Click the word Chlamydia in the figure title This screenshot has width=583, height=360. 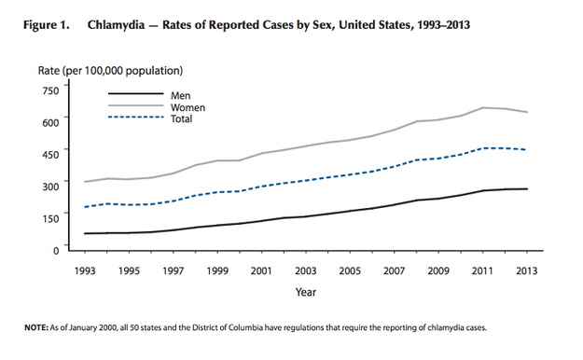coord(116,25)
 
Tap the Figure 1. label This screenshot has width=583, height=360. coord(47,25)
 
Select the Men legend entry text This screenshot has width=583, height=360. coord(181,95)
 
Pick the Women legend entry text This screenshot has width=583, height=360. coord(187,107)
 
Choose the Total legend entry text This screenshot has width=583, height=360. coord(182,118)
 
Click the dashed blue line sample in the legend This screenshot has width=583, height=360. coord(135,118)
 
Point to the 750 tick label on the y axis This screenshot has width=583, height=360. coord(51,90)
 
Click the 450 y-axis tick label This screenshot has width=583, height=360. coord(51,154)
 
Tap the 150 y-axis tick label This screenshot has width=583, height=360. coord(51,218)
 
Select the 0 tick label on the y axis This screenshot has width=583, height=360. coord(56,250)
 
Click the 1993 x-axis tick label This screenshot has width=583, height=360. coord(85,270)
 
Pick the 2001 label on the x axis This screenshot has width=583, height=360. coord(261,270)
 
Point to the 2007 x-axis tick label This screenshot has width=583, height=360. coord(395,270)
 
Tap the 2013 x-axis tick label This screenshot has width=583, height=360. coord(527,270)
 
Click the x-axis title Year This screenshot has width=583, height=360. coord(306,292)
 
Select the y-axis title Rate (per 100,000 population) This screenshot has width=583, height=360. coord(110,71)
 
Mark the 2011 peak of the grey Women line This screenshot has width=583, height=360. coord(482,107)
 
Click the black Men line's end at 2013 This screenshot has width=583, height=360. coord(527,189)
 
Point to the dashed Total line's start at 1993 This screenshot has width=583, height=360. coord(85,207)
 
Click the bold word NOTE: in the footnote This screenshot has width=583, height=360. coord(36,327)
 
